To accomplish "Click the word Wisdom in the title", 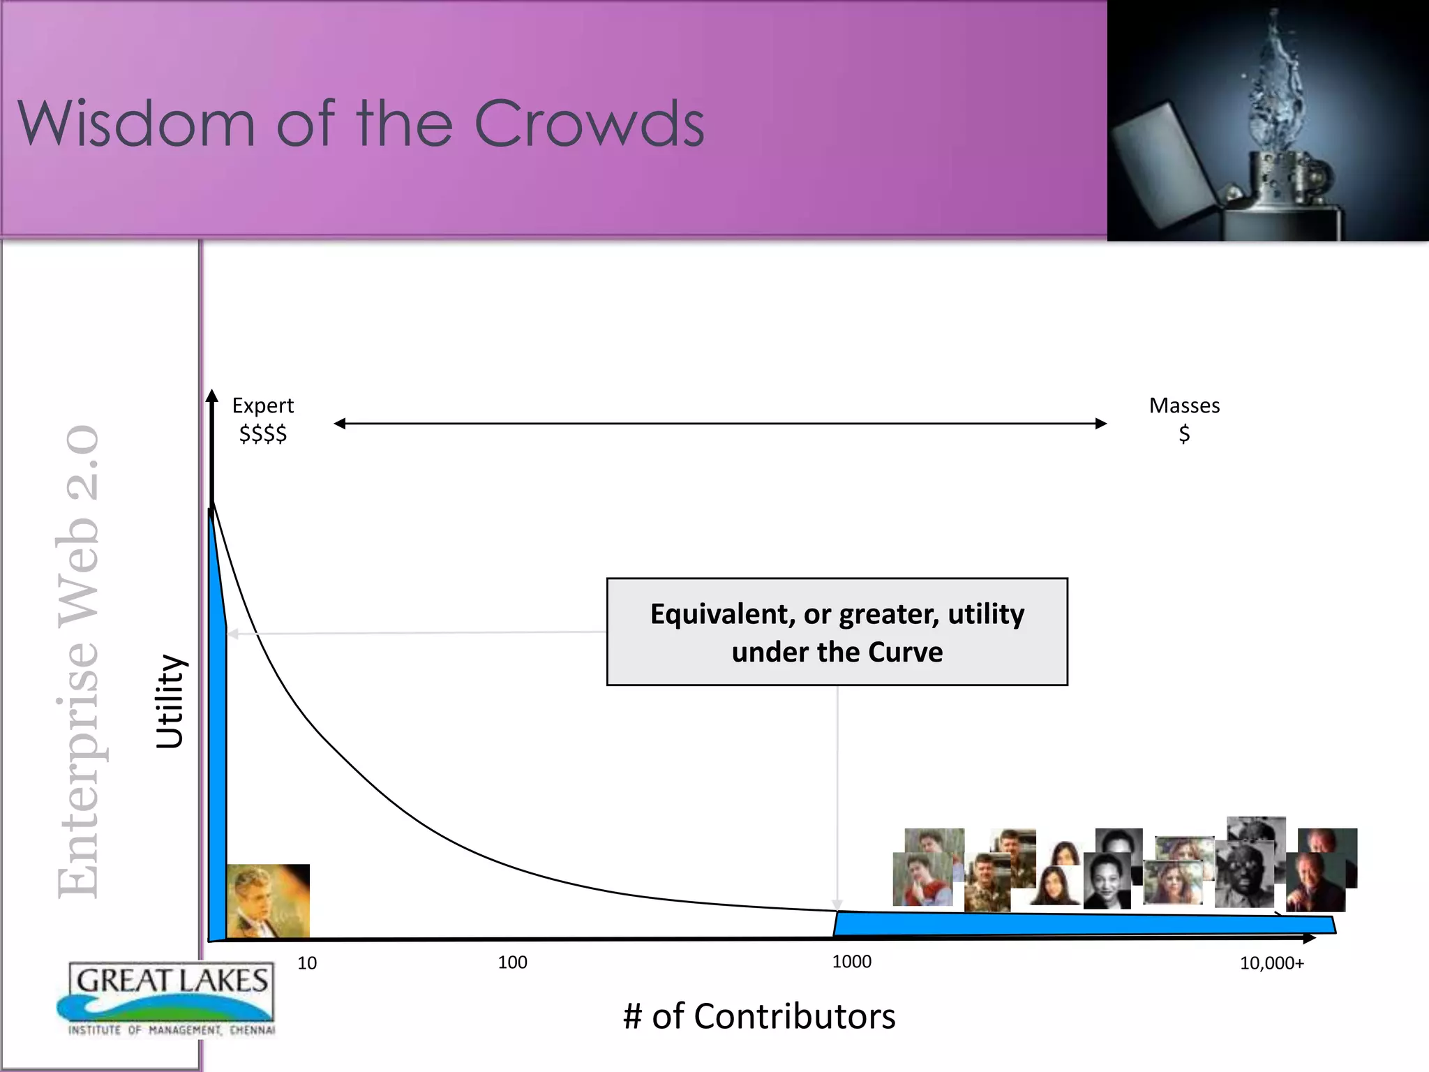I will [x=136, y=124].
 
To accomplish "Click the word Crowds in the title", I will [x=589, y=124].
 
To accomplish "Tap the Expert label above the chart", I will [x=263, y=405].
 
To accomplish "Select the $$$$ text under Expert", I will [x=263, y=434].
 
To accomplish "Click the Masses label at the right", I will [x=1184, y=405].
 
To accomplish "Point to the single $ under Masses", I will [x=1184, y=434].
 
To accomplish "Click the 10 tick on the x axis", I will [x=307, y=963].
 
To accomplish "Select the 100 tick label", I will [x=512, y=962].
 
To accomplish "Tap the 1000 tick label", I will [x=851, y=962].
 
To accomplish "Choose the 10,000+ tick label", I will [x=1271, y=964].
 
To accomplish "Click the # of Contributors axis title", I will [x=759, y=1016].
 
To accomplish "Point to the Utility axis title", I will [x=170, y=701].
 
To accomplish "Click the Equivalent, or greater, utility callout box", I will [x=837, y=632].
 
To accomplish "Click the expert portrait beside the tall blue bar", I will [x=268, y=900].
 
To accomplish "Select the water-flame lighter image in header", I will [x=1268, y=121].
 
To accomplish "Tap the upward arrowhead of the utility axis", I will [x=212, y=396].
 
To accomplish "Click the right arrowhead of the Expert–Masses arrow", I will [x=1101, y=424].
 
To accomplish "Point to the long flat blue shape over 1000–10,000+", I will [x=1082, y=924].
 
